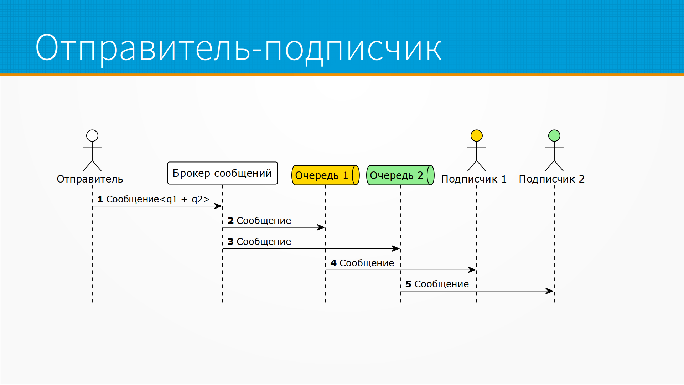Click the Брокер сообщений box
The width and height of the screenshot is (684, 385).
click(222, 173)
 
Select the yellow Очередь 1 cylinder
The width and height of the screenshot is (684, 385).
click(325, 175)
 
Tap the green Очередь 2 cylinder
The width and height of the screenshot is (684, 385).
click(400, 175)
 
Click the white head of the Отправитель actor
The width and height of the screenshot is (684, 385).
click(92, 135)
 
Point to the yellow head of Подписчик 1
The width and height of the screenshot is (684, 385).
click(476, 135)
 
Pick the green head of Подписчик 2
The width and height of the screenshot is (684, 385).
click(554, 135)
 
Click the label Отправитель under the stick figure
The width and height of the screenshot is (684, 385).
click(90, 179)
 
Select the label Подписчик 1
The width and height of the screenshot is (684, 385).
click(473, 179)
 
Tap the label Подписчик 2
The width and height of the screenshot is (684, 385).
click(551, 179)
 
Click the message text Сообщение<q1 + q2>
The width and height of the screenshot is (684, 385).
click(157, 199)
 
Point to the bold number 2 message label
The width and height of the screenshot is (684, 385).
click(230, 221)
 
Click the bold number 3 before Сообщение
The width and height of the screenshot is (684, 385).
click(230, 242)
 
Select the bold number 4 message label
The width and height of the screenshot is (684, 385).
click(333, 263)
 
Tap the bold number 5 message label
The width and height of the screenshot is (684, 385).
click(408, 284)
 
